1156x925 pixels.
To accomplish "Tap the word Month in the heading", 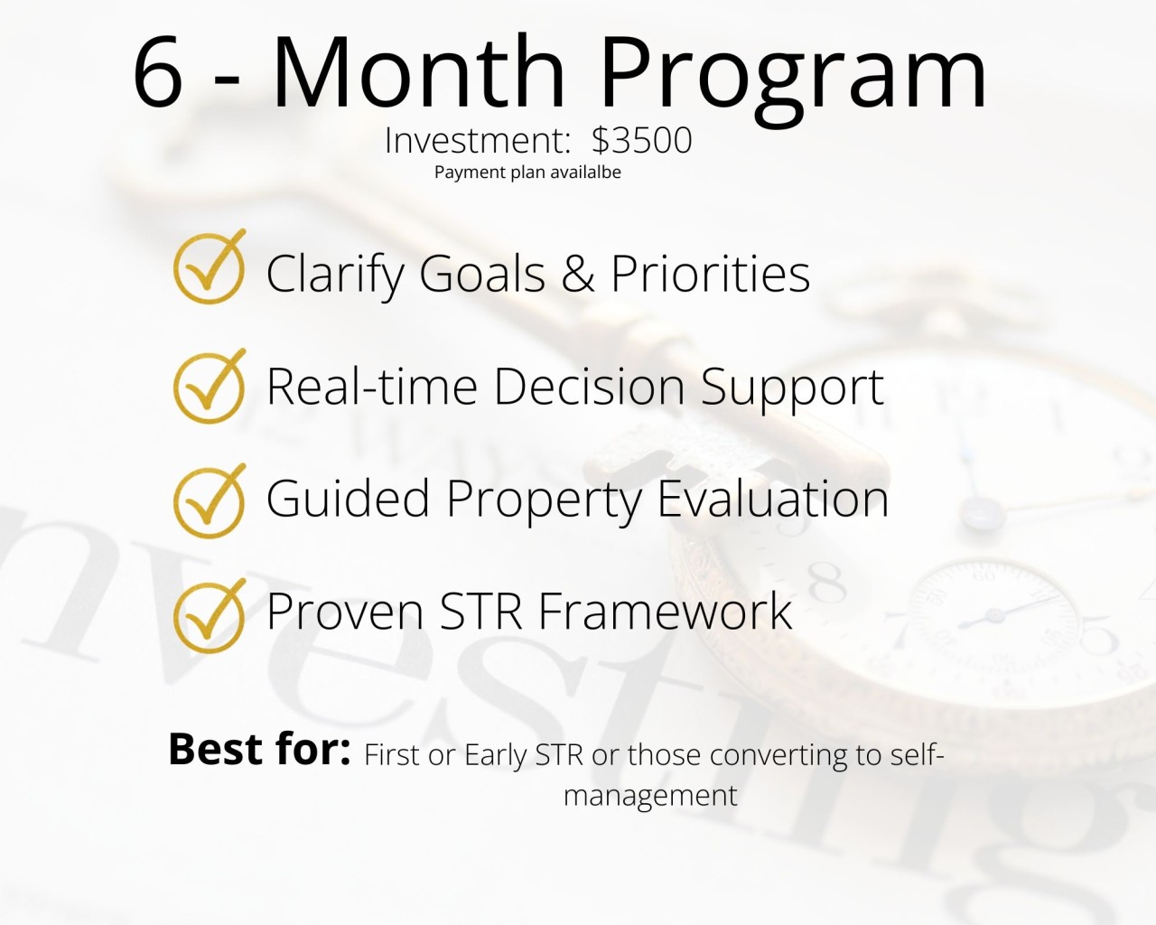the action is click(419, 70).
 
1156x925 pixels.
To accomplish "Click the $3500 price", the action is click(642, 140).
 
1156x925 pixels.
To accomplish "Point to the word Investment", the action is click(478, 141).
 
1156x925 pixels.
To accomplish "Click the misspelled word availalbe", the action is click(585, 172).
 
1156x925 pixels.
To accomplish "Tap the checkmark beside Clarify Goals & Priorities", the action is click(210, 267).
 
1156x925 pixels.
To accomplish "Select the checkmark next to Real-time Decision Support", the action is click(210, 386).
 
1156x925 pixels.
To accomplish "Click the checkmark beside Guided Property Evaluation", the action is click(210, 501).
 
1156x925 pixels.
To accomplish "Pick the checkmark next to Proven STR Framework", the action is click(210, 616).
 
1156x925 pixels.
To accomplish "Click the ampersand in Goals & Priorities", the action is click(578, 273).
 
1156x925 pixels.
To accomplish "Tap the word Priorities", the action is click(711, 273).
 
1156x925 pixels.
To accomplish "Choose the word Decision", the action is click(589, 387).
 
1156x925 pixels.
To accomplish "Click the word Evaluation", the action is click(773, 499).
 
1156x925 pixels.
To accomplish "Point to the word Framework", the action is click(665, 611).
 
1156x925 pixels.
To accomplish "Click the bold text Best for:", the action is click(259, 749).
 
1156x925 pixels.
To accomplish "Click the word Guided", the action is click(348, 498).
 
